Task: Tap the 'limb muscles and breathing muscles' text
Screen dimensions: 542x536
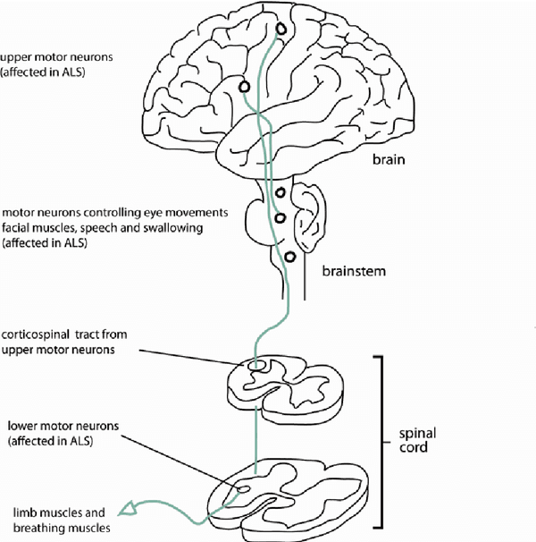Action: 59,521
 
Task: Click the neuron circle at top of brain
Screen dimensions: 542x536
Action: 282,30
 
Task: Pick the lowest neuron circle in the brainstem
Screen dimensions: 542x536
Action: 289,257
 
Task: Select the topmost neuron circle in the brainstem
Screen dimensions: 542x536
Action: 281,193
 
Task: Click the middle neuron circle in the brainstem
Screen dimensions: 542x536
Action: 280,217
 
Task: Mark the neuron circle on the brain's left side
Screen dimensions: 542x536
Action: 243,86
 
